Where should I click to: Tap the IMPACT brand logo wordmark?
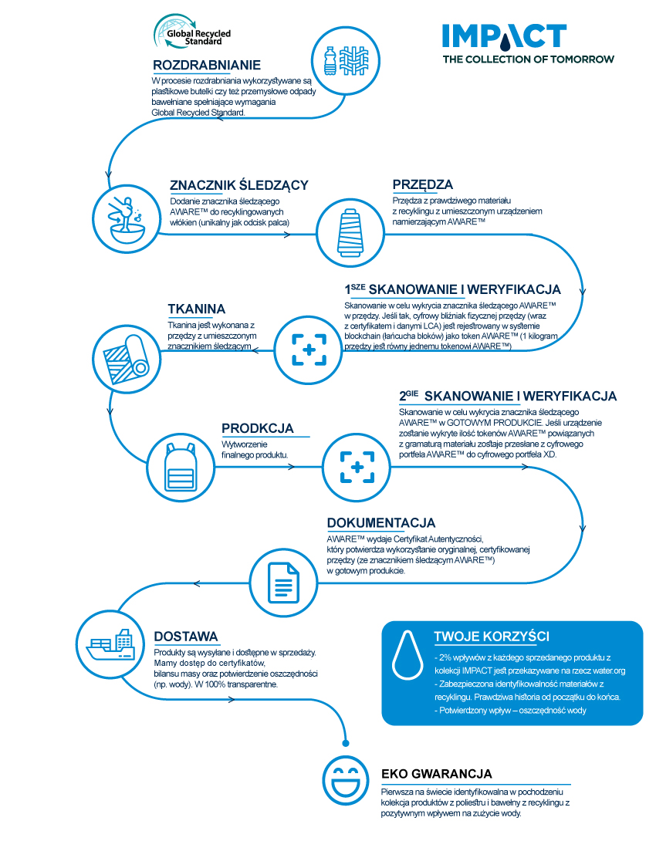tap(504, 36)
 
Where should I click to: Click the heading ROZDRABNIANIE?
tap(207, 65)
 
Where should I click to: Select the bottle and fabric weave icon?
tap(346, 60)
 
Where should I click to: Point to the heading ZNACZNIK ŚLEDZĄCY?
tap(239, 185)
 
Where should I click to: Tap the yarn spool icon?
tap(350, 233)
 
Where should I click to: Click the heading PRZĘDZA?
tap(422, 184)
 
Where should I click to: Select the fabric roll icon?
tap(127, 359)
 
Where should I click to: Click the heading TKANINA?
tap(197, 309)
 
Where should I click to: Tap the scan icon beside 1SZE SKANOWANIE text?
tap(309, 350)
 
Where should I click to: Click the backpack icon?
tap(181, 468)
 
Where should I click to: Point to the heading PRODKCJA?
tap(258, 428)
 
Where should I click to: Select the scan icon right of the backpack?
tap(357, 468)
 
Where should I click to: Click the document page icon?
tap(283, 583)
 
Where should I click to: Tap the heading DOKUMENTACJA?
tap(381, 523)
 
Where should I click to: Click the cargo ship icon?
tap(110, 643)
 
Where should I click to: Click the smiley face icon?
tap(346, 780)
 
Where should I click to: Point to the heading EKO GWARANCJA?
tap(437, 774)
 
